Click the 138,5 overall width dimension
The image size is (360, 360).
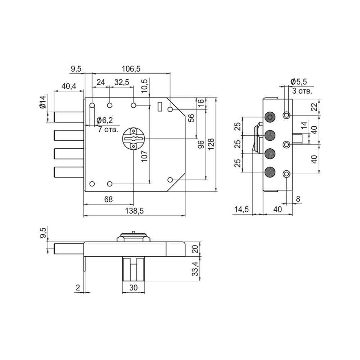[134, 211]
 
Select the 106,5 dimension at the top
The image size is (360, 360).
[131, 69]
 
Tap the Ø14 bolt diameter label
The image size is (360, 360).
[43, 102]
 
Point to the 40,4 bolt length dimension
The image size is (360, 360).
[69, 86]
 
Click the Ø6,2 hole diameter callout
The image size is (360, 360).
[105, 120]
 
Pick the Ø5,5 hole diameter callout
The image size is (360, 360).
[298, 81]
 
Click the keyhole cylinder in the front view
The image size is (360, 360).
[133, 139]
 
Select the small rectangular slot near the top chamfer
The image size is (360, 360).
[160, 107]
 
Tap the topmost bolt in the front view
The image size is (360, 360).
[69, 117]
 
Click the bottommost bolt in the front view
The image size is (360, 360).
[69, 172]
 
